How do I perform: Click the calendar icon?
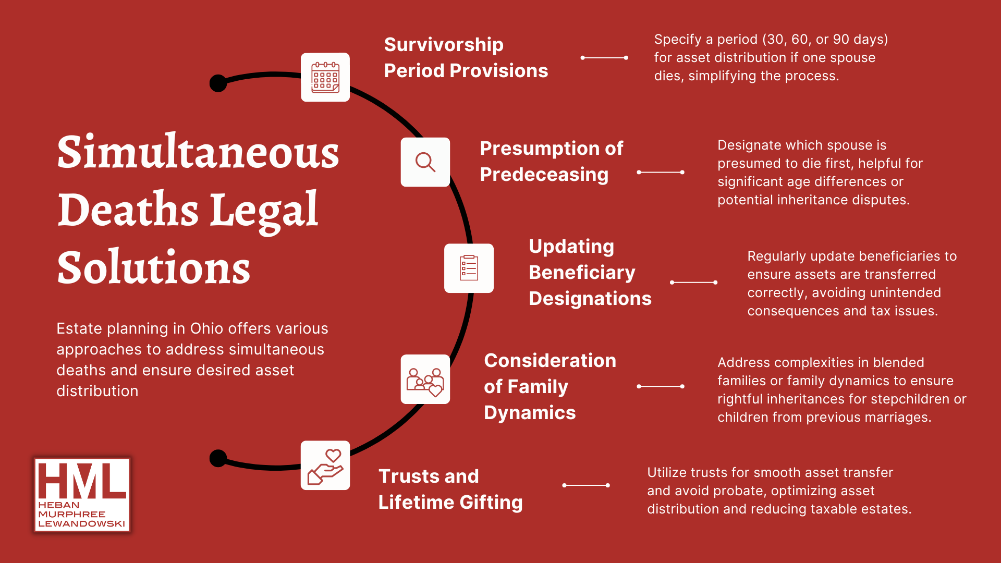tap(325, 77)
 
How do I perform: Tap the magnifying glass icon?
tap(425, 162)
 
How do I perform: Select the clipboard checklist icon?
tap(469, 268)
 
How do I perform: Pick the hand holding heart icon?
tap(325, 467)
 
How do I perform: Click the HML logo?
tap(82, 495)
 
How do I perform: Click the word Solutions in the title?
tap(154, 267)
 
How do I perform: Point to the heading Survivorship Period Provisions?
tap(466, 57)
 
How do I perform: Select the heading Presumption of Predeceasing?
tap(551, 162)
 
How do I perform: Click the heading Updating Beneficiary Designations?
tap(590, 272)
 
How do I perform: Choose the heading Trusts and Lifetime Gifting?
tap(450, 489)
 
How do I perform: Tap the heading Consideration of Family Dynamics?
tap(550, 386)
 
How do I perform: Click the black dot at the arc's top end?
tap(218, 83)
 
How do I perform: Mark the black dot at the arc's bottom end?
tap(218, 458)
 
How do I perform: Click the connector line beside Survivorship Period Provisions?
tap(604, 58)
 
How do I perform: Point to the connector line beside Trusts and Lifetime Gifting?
tap(586, 485)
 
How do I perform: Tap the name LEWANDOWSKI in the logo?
tap(82, 524)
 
